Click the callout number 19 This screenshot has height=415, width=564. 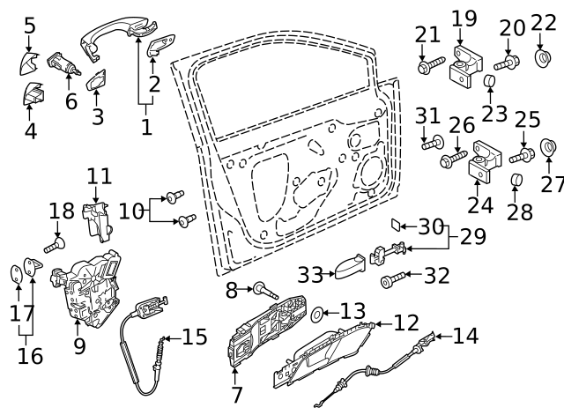(x=464, y=18)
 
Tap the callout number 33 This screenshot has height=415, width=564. (x=309, y=275)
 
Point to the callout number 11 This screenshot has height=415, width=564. (x=99, y=175)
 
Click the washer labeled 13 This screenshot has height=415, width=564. (x=319, y=312)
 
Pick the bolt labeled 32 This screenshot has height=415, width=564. (x=392, y=281)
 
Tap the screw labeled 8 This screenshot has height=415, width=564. (x=263, y=288)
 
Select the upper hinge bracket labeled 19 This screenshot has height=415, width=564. (x=464, y=67)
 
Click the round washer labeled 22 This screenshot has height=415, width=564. (x=543, y=59)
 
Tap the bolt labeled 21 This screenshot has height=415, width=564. (x=432, y=65)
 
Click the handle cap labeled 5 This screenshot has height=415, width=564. (x=27, y=62)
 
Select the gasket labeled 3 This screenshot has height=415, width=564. (x=96, y=80)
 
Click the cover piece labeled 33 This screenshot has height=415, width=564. (x=349, y=267)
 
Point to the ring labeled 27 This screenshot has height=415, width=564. (x=547, y=146)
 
